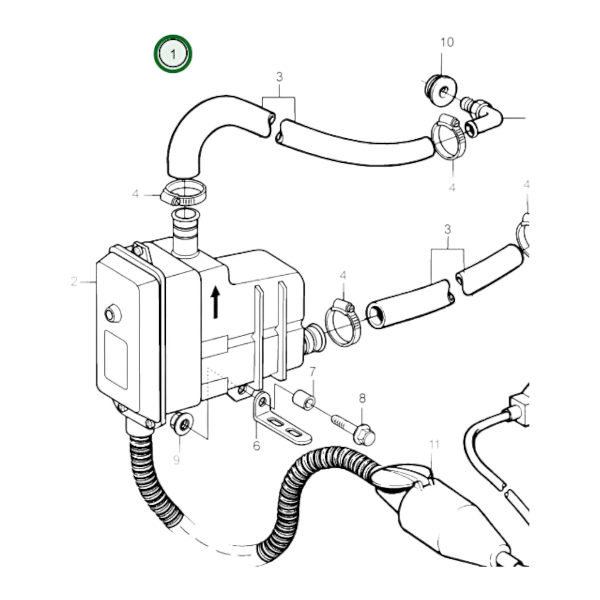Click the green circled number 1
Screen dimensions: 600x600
click(x=173, y=54)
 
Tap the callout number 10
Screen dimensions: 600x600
click(x=447, y=42)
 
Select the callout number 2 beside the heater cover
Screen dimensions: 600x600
click(x=74, y=282)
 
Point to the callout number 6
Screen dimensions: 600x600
click(x=256, y=446)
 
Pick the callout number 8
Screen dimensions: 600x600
click(x=362, y=399)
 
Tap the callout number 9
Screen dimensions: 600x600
click(x=176, y=460)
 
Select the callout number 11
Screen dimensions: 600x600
click(x=434, y=445)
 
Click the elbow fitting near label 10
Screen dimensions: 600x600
click(x=484, y=118)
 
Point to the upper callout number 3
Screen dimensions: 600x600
click(x=279, y=77)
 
